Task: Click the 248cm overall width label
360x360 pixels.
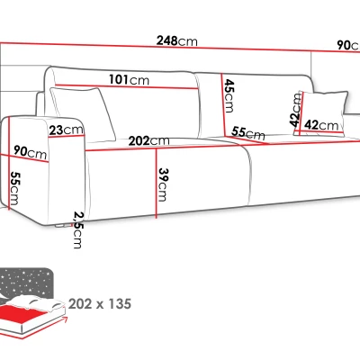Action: pos(177,41)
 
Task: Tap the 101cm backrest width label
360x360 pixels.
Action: pos(129,80)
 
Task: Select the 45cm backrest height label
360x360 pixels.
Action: pos(229,95)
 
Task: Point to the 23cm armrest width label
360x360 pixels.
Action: pos(66,130)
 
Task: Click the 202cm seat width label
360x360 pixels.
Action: pos(149,140)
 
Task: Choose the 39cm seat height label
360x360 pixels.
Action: pos(163,184)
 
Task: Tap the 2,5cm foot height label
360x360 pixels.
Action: pos(78,229)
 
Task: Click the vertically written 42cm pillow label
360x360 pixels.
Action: pos(295,110)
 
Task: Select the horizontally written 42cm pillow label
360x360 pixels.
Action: pos(321,125)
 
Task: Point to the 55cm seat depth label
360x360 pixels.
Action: pos(248,134)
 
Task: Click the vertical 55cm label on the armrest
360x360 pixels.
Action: pos(15,188)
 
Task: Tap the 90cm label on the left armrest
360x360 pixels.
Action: pos(31,152)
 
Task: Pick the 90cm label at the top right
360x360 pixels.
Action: pos(348,46)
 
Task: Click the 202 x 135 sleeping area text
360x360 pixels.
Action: pos(100,304)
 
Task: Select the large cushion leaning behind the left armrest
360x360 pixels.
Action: pos(82,112)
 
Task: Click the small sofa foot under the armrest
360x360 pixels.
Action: pos(61,226)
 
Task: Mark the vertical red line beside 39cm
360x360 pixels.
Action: pos(156,184)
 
